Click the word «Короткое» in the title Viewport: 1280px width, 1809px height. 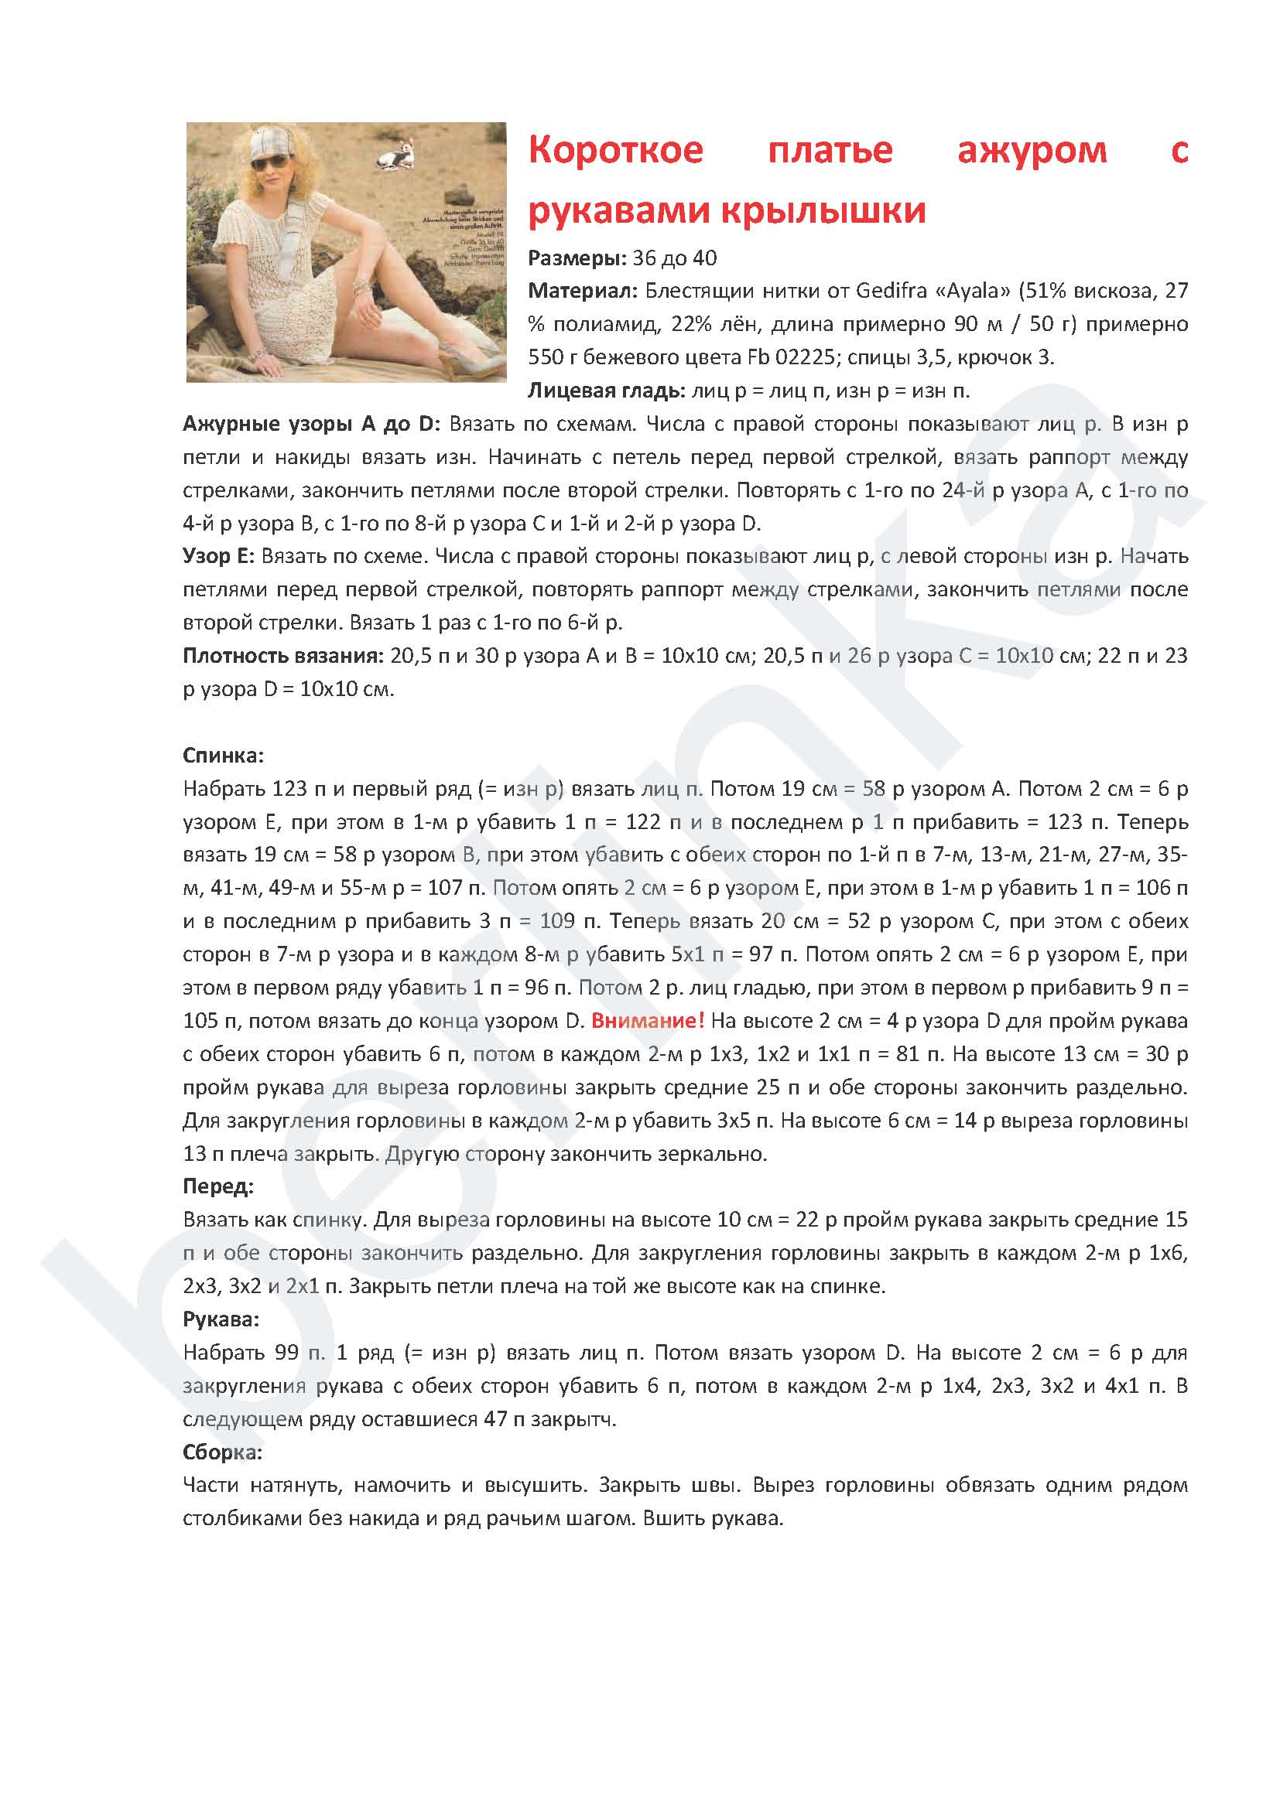[614, 150]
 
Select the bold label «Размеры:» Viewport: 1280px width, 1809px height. [577, 258]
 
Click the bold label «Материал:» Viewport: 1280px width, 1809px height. [583, 292]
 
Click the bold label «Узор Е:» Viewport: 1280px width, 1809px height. [218, 556]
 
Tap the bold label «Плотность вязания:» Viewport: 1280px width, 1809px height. [283, 656]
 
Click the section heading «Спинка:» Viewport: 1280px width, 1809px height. [223, 756]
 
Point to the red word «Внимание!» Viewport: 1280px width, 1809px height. [647, 1021]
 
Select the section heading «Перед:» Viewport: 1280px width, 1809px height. [218, 1186]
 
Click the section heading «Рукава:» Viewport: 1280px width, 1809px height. [221, 1319]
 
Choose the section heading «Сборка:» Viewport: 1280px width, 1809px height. [222, 1452]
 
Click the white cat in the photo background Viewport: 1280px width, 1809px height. [395, 157]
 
